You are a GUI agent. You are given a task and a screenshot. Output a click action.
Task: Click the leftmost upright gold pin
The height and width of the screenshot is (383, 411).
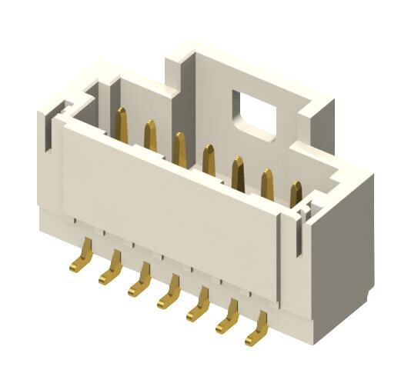[x=121, y=124]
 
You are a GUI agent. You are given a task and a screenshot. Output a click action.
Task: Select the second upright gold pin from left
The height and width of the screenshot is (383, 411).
[x=151, y=136]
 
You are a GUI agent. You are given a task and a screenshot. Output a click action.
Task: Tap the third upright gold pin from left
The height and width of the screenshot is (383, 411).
[x=179, y=148]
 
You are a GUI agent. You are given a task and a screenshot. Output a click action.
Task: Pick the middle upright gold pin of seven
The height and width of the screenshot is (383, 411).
[x=209, y=159]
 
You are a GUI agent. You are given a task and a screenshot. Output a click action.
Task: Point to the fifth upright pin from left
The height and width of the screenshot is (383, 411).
[x=238, y=172]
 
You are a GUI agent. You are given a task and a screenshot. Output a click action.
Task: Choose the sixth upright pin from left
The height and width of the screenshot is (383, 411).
[x=267, y=183]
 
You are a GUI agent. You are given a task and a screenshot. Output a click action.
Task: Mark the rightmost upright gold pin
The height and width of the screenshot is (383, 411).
[x=296, y=194]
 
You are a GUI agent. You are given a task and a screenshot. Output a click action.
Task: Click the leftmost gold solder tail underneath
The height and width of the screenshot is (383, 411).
[x=85, y=257]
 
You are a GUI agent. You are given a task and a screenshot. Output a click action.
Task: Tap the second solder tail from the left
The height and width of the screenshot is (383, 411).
[x=113, y=270]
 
